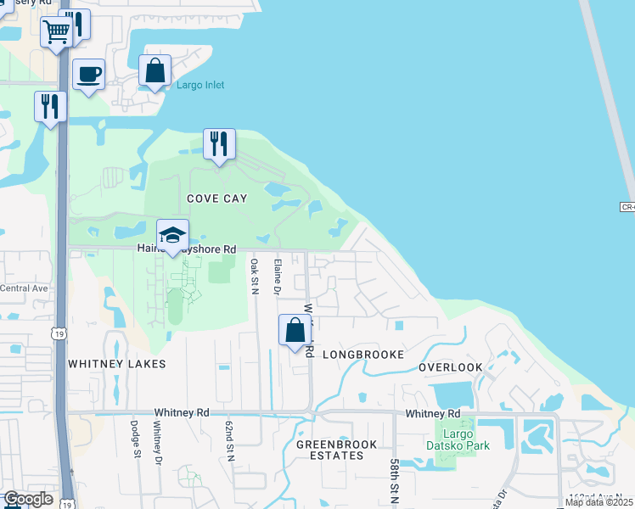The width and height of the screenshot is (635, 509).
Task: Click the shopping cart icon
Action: pos(57,32)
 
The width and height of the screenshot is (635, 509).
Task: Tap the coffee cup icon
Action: pos(88,75)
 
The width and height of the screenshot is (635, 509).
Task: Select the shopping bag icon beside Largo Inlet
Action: pos(155,71)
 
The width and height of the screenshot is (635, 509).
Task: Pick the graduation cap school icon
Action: pos(172,235)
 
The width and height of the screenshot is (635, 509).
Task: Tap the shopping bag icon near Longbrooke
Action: pos(295,330)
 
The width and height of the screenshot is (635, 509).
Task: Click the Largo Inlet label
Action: pos(200,86)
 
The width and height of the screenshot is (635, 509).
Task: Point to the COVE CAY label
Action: pos(217,199)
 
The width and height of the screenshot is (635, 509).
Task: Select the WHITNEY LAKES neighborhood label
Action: pos(117,363)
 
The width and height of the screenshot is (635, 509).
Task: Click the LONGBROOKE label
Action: pos(361,353)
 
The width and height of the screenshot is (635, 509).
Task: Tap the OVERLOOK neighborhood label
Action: pos(451,367)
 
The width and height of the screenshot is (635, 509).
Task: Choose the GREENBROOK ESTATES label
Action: pos(330,450)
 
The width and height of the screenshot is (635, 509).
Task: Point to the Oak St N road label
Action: pos(254,276)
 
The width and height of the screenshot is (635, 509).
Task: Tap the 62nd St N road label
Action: pos(229,439)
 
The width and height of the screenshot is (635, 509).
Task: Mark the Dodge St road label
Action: pos(135,439)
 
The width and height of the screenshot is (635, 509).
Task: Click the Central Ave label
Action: pos(24,288)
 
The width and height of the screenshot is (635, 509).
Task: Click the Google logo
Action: pos(29,499)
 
